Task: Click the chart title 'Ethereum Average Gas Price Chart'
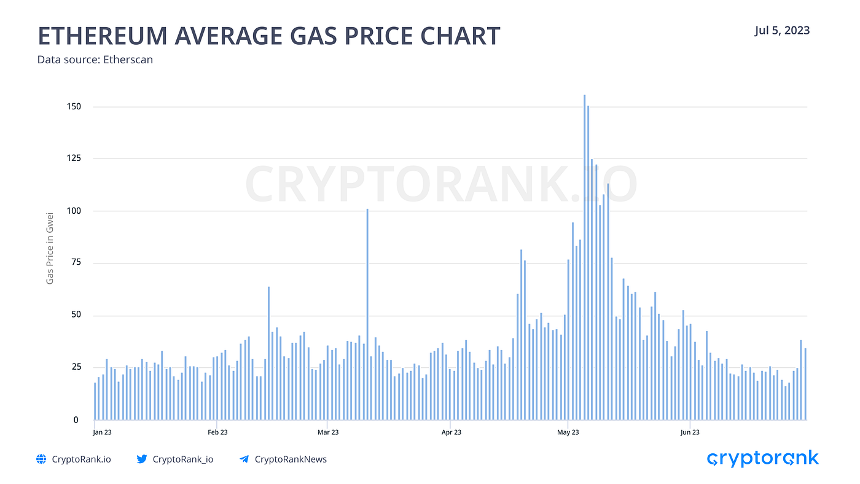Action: click(269, 36)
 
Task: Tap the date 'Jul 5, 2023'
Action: click(782, 31)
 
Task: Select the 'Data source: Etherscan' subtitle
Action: click(95, 60)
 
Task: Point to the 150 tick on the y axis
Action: click(74, 107)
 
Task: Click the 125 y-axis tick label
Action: click(74, 158)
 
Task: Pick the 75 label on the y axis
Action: click(76, 262)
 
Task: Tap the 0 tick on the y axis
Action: click(76, 420)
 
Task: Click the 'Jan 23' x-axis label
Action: click(102, 432)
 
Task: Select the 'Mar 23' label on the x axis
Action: click(328, 432)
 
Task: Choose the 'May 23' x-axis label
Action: click(568, 432)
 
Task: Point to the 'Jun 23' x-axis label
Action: click(690, 432)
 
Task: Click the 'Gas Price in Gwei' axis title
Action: click(50, 248)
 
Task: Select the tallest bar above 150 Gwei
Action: click(584, 257)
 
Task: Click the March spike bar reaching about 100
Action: click(367, 314)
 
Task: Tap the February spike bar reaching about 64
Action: click(269, 353)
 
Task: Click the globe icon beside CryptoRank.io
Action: click(41, 459)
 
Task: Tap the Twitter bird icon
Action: click(142, 459)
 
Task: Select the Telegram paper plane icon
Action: click(244, 459)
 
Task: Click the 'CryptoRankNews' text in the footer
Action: click(291, 459)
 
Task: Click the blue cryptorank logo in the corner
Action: click(763, 459)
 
